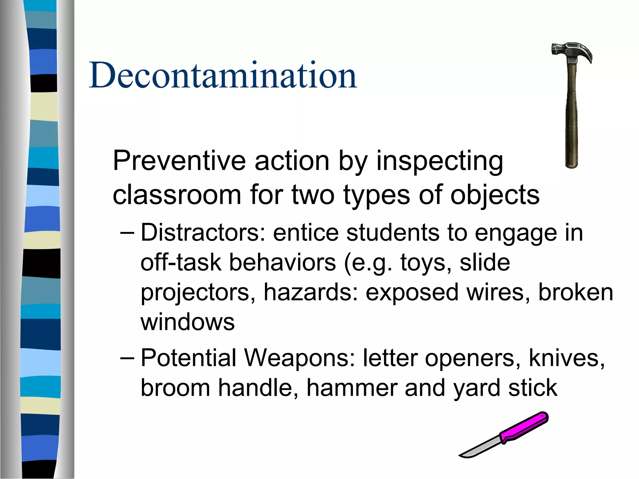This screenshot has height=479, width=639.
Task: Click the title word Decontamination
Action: (223, 75)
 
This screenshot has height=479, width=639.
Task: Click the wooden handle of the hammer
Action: (572, 119)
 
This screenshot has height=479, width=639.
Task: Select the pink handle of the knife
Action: (524, 427)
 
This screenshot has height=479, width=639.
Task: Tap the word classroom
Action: (177, 195)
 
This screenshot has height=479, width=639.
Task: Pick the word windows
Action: (188, 322)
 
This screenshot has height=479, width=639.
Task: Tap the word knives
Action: (567, 358)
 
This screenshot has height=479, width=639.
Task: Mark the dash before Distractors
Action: (127, 233)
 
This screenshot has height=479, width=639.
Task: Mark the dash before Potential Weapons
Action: (127, 358)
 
